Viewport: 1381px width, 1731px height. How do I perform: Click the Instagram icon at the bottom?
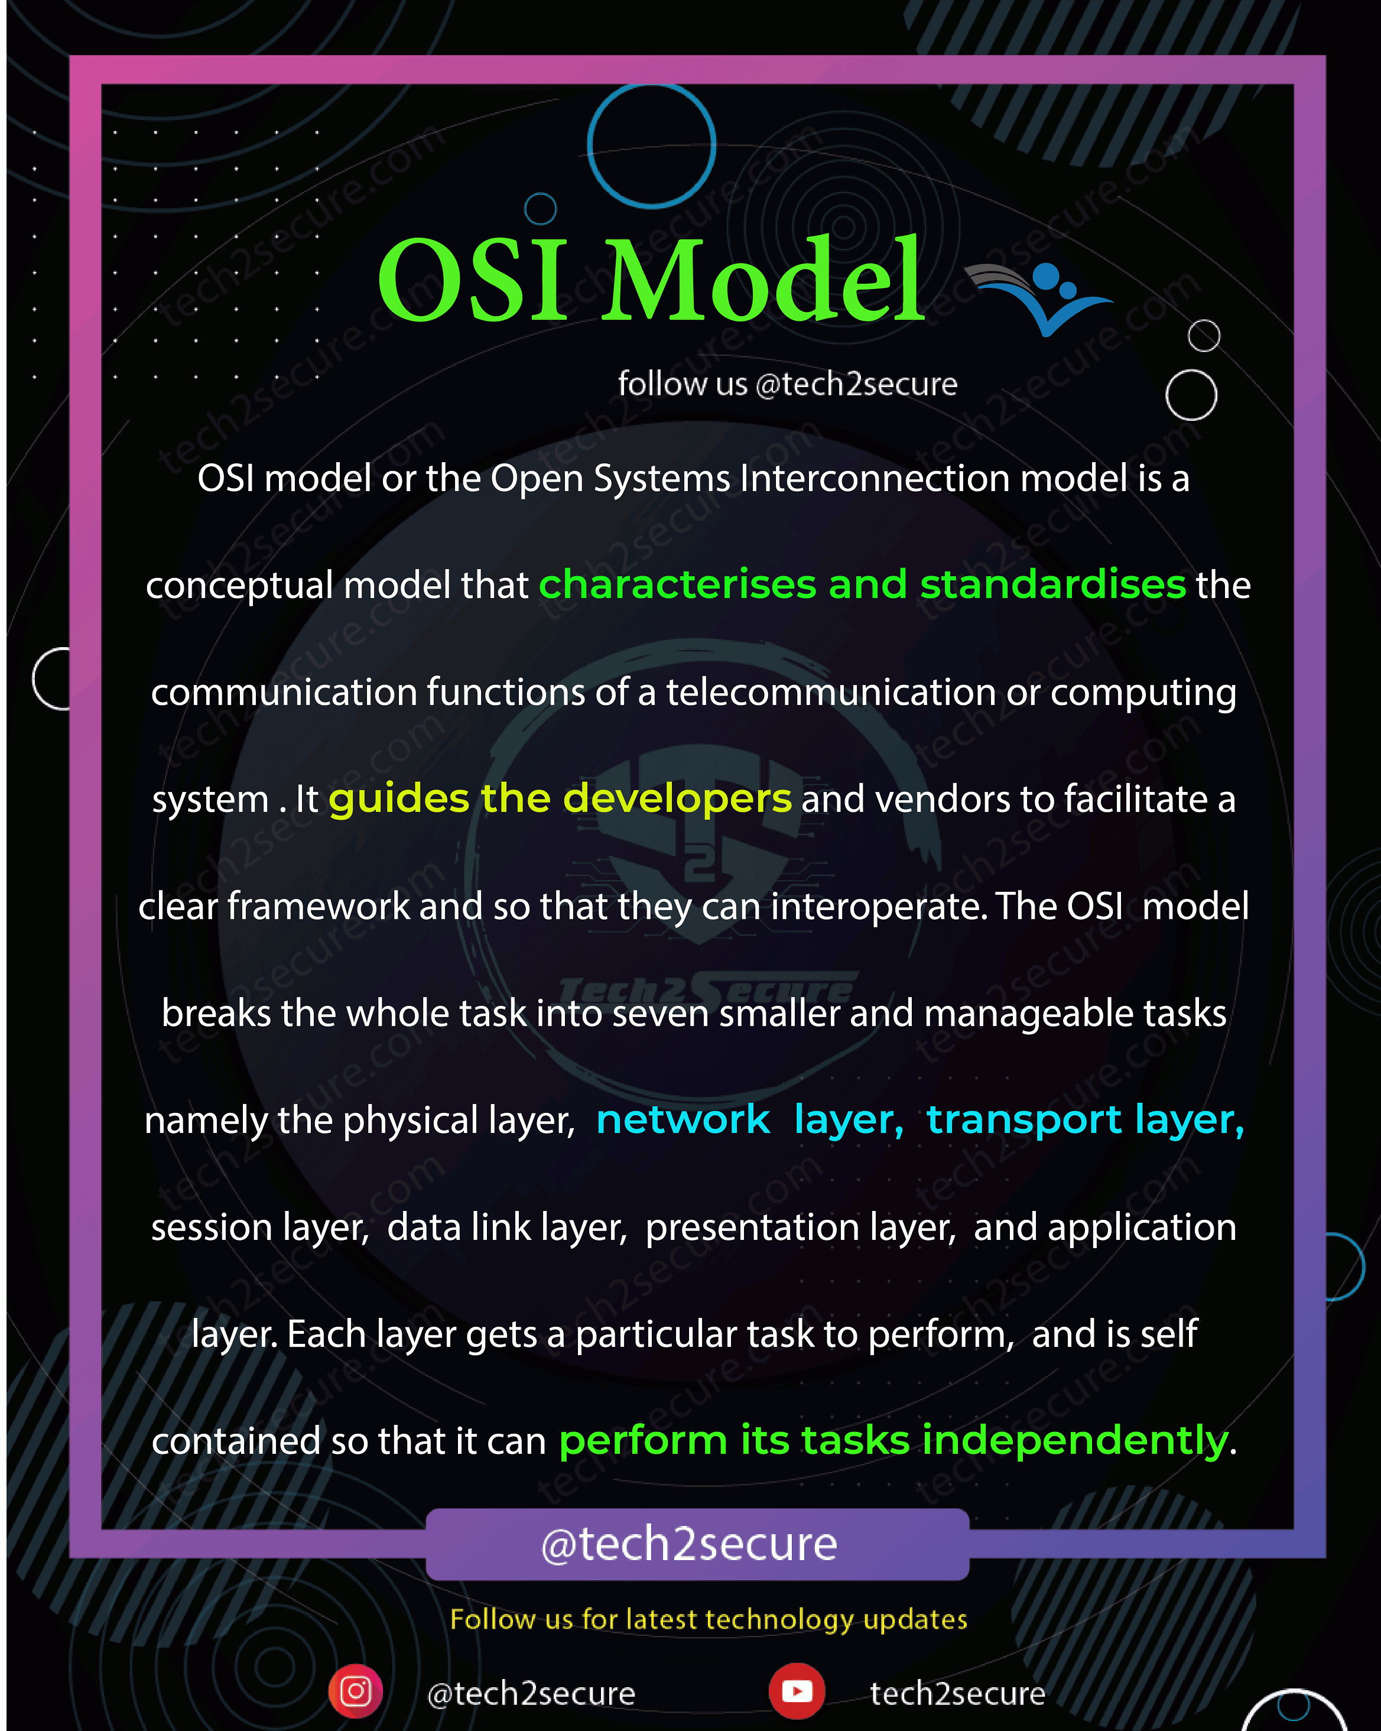click(x=355, y=1691)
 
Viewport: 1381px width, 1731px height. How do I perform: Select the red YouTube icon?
click(x=797, y=1691)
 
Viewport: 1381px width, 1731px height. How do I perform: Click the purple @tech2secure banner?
click(x=697, y=1544)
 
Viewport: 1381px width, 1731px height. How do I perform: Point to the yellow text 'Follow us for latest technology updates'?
click(x=708, y=1619)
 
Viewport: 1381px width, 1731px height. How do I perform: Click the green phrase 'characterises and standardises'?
click(x=862, y=584)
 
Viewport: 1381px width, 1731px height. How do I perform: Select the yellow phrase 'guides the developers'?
click(x=560, y=800)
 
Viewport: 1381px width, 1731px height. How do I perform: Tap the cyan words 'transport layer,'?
click(x=1086, y=1120)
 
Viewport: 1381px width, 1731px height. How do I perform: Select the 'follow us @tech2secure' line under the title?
click(x=788, y=384)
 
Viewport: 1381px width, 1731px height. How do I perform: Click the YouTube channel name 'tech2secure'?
click(x=957, y=1693)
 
